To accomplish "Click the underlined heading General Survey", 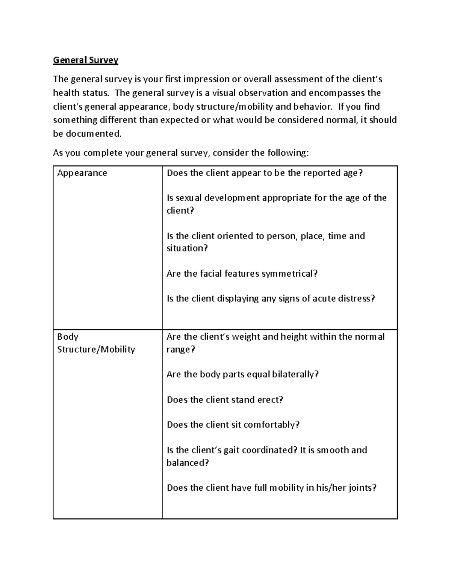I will click(86, 60).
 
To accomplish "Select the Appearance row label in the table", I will click(82, 173).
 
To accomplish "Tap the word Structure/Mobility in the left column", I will click(96, 349).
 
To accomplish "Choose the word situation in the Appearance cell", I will click(186, 249).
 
